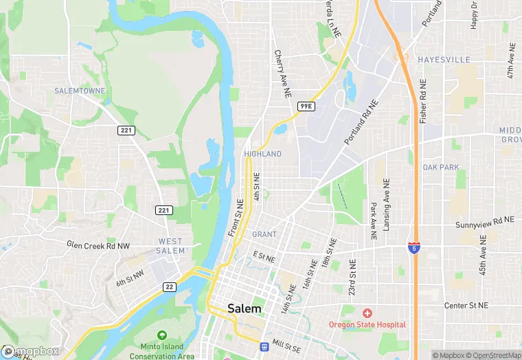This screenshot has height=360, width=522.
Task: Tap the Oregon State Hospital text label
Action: click(x=367, y=324)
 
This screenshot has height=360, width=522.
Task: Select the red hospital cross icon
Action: click(x=367, y=313)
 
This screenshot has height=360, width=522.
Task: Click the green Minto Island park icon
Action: click(x=162, y=335)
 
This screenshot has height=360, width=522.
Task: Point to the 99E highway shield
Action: click(x=306, y=106)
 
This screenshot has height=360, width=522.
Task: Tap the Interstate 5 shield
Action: click(x=413, y=247)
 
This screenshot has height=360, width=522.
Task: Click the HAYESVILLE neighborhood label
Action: click(x=444, y=60)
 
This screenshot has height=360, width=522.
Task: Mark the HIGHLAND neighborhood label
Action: click(x=262, y=154)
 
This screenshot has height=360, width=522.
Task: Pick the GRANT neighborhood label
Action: click(x=264, y=234)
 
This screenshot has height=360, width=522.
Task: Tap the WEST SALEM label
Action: click(x=171, y=246)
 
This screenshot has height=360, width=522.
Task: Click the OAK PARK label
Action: click(x=440, y=167)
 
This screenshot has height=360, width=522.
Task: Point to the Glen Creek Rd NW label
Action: click(x=98, y=244)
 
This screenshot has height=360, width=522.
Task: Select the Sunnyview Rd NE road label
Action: click(x=484, y=223)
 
